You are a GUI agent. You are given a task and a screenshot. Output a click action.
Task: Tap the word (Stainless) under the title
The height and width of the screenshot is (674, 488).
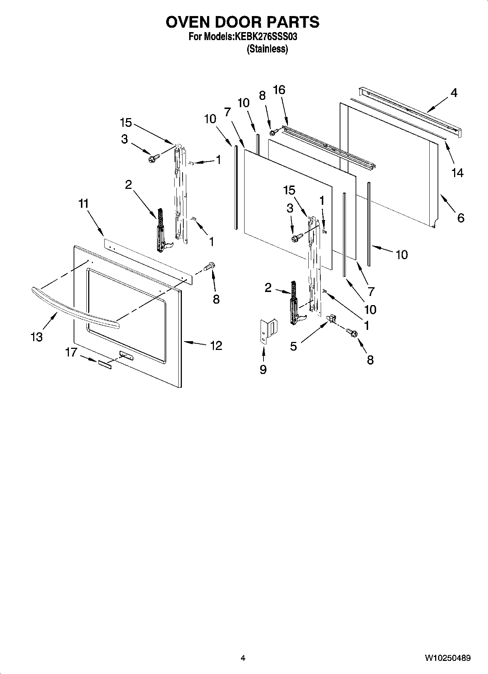tap(267, 49)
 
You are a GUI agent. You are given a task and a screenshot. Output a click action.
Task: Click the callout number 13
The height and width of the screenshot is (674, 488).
tap(36, 337)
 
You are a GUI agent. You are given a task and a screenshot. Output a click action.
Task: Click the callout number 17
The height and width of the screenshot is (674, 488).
tap(71, 352)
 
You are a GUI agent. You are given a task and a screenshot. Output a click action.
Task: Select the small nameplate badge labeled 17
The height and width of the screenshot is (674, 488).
tap(104, 365)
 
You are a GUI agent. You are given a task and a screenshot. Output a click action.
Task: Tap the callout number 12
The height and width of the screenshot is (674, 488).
tap(216, 345)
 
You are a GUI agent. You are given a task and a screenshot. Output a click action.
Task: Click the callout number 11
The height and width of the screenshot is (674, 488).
tap(83, 203)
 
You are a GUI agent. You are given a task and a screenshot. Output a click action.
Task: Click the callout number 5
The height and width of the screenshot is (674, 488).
tap(294, 346)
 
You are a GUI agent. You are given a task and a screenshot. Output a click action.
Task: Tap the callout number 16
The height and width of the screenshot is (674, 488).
tap(279, 90)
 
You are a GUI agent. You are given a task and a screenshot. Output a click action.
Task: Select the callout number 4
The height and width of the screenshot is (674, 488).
tap(453, 93)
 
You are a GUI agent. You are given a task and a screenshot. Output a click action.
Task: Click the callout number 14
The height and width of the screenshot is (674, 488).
tap(457, 172)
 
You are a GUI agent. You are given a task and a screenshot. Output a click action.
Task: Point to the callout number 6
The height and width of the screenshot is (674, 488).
tap(461, 218)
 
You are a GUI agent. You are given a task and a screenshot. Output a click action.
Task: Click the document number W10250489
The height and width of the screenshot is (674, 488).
tap(447, 658)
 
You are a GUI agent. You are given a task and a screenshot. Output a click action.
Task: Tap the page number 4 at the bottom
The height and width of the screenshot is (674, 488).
tap(243, 658)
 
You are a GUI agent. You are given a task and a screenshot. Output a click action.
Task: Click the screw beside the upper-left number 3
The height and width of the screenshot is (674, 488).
tap(153, 159)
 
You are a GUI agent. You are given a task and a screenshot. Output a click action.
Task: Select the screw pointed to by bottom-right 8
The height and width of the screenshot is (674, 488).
tap(352, 332)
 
